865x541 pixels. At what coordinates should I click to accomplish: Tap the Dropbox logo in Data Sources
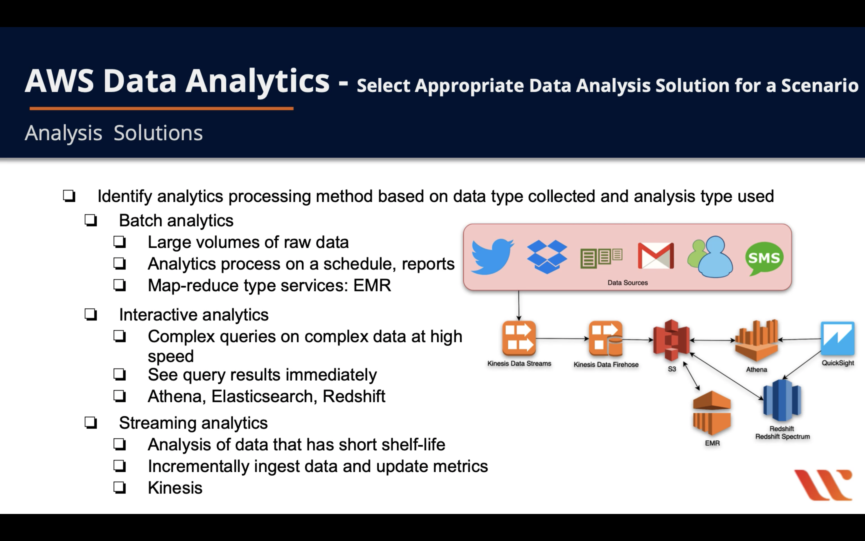coord(547,256)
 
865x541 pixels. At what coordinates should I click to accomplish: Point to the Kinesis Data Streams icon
coord(519,338)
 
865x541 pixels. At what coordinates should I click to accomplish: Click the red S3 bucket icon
coord(671,340)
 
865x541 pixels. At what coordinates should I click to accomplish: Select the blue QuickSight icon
coord(837,338)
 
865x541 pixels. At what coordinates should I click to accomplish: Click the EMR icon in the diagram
coord(712,413)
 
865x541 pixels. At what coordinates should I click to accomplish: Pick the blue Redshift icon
coord(782,401)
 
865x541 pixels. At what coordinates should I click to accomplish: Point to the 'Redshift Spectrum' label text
coord(782,436)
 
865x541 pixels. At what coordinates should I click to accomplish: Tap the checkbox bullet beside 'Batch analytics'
coord(91,221)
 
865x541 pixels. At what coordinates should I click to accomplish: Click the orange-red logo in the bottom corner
coord(823,485)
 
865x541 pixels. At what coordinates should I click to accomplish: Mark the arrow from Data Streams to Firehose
coord(562,338)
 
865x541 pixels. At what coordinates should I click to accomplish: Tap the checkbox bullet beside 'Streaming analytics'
coord(91,423)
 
